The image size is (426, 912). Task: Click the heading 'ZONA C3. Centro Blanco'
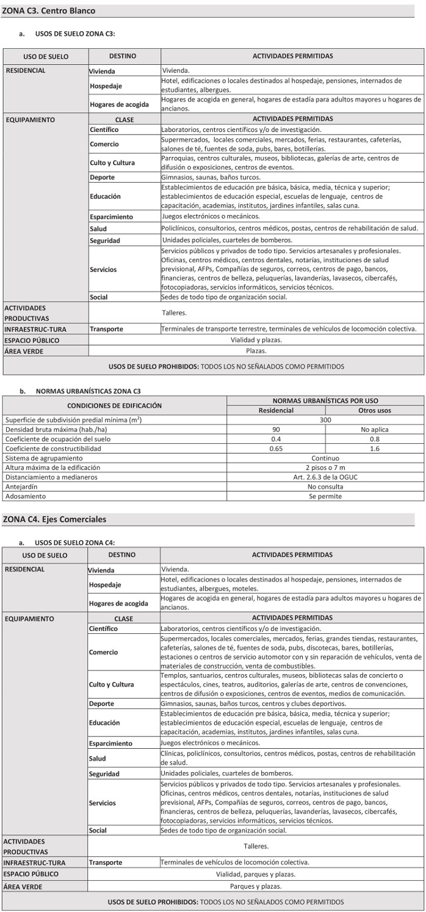[49, 11]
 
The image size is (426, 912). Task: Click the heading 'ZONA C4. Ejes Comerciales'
[54, 520]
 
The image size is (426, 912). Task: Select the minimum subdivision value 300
[325, 420]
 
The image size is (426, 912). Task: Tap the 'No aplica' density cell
[375, 430]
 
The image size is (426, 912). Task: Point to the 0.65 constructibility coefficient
[276, 449]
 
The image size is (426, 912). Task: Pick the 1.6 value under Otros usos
[375, 449]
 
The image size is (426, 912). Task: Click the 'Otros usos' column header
[375, 411]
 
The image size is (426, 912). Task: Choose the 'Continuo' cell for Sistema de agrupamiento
[325, 458]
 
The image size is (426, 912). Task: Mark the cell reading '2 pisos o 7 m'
[325, 468]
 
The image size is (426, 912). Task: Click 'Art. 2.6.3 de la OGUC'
[325, 477]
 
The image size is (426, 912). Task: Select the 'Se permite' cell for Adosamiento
[325, 496]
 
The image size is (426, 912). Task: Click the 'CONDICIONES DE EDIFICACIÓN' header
[115, 405]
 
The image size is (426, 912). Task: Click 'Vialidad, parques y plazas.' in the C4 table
[256, 874]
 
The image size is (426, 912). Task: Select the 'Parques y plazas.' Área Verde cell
[256, 886]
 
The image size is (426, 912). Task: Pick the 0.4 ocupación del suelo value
[276, 439]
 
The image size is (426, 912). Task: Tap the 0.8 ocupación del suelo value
[375, 439]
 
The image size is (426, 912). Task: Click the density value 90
[276, 430]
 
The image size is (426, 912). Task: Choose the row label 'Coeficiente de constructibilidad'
[53, 449]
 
